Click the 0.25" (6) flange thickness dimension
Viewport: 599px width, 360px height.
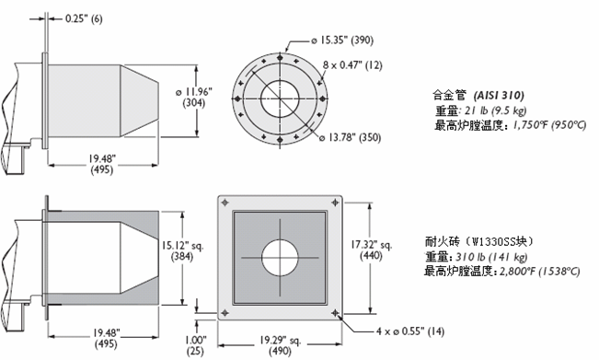click(x=84, y=18)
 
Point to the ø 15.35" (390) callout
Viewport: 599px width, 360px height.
click(x=342, y=41)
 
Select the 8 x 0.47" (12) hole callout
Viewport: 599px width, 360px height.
click(x=352, y=65)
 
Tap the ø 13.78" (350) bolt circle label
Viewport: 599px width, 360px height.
click(x=351, y=137)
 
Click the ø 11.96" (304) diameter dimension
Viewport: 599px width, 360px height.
click(x=194, y=98)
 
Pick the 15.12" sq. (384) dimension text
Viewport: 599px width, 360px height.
click(x=182, y=250)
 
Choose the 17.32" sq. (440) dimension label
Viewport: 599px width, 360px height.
click(x=372, y=250)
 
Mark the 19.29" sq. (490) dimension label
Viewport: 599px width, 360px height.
click(x=280, y=345)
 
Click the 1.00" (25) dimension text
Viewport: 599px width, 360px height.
click(x=195, y=345)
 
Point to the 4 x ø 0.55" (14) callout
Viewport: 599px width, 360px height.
click(x=410, y=331)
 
